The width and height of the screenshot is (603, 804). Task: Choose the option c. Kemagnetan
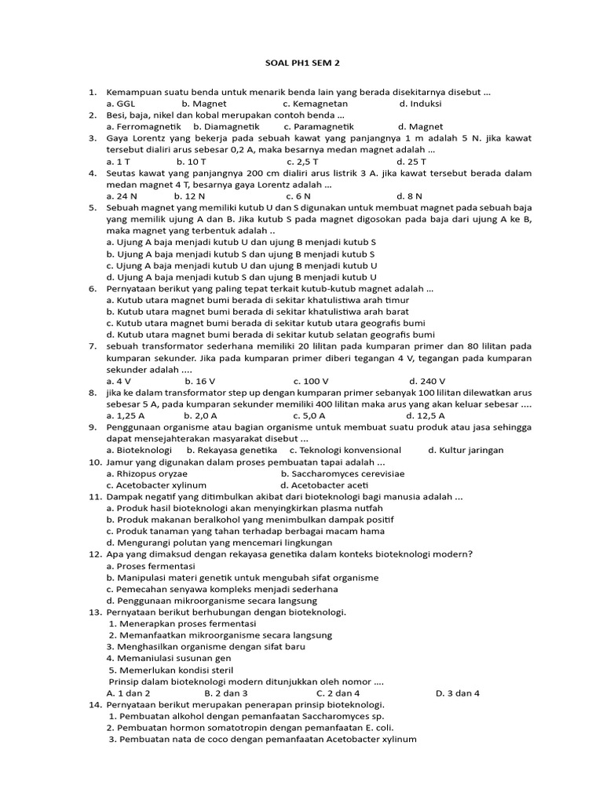click(315, 103)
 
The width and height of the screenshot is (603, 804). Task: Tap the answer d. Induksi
click(420, 103)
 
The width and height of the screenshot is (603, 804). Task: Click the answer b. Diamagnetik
click(227, 126)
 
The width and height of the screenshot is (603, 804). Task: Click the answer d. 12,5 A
click(426, 415)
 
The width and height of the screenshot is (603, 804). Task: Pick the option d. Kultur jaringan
click(466, 450)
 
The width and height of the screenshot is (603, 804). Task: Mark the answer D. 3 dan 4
click(457, 693)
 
